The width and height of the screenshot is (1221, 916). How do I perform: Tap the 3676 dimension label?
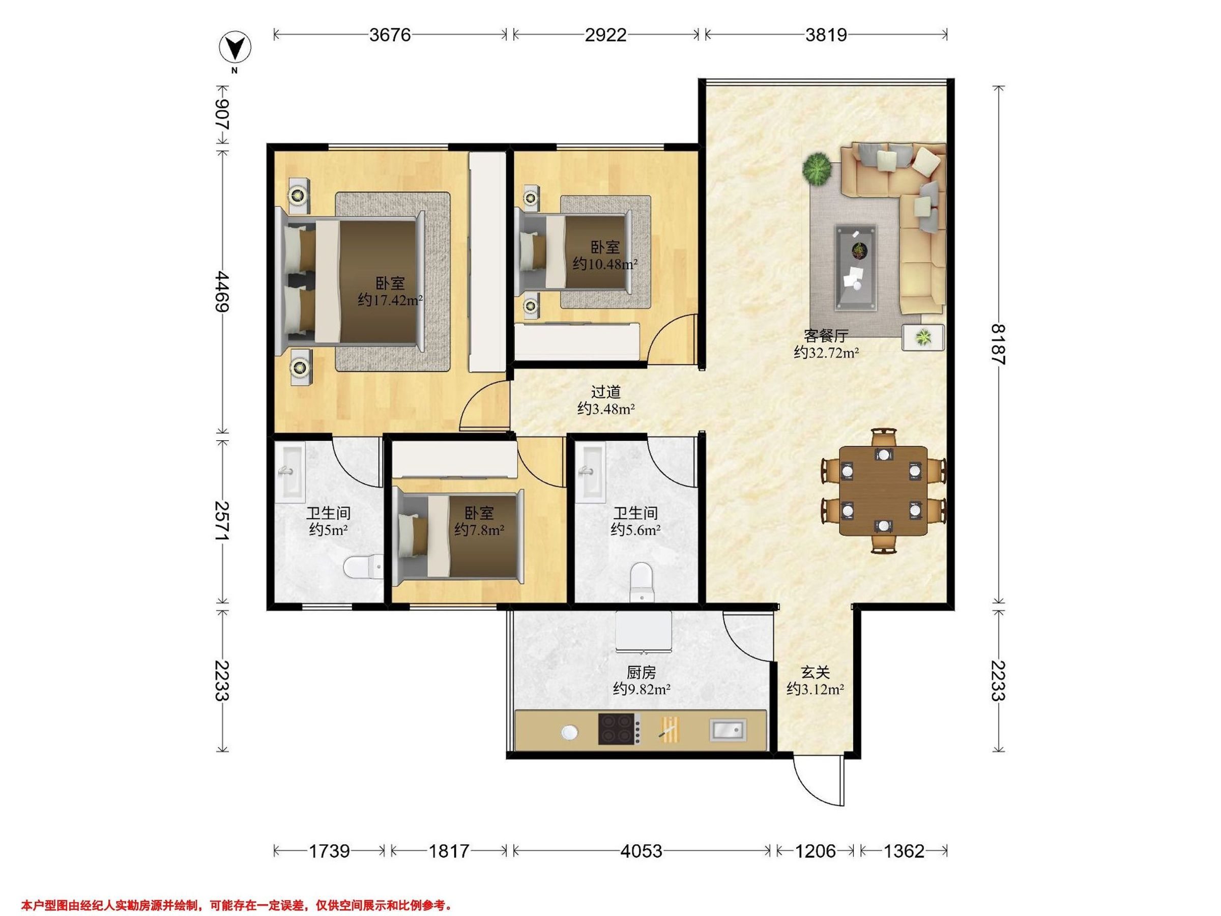click(390, 35)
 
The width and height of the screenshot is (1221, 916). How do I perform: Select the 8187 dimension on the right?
click(998, 344)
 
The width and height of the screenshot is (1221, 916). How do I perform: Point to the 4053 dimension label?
click(641, 851)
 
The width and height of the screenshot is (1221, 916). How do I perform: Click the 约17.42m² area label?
click(390, 300)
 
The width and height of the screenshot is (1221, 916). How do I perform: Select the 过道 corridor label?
click(605, 391)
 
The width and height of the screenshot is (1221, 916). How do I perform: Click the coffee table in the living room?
click(856, 266)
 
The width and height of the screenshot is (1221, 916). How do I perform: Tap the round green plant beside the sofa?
click(817, 168)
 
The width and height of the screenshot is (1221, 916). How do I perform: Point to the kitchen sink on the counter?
click(728, 729)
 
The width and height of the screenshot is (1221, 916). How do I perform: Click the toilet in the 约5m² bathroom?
click(363, 567)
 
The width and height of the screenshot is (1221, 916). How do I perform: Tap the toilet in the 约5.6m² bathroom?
click(642, 583)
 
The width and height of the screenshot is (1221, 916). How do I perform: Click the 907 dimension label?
click(222, 115)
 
